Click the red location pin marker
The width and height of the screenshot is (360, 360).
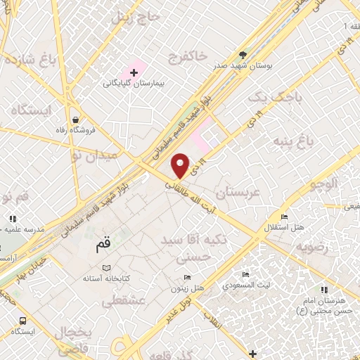(x=181, y=165)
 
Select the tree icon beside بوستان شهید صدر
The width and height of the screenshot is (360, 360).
(x=243, y=54)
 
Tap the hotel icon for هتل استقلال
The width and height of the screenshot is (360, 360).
(x=285, y=217)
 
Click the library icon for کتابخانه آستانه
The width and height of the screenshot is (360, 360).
(x=106, y=268)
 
